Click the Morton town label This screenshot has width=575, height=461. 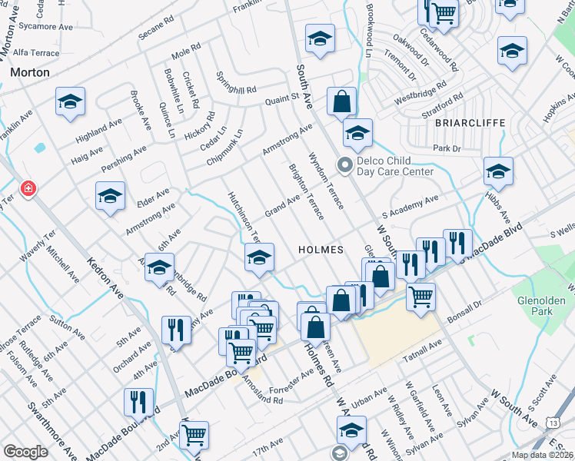(x=30, y=72)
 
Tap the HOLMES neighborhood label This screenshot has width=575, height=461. (x=320, y=250)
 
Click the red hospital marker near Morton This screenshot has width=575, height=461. (x=28, y=188)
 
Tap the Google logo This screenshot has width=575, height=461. (x=25, y=452)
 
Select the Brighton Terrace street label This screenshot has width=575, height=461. (x=307, y=192)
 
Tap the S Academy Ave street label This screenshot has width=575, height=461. (x=410, y=207)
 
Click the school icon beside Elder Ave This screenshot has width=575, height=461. (x=111, y=197)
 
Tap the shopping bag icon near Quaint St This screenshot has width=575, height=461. (x=341, y=101)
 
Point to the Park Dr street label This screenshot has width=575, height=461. (x=446, y=148)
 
